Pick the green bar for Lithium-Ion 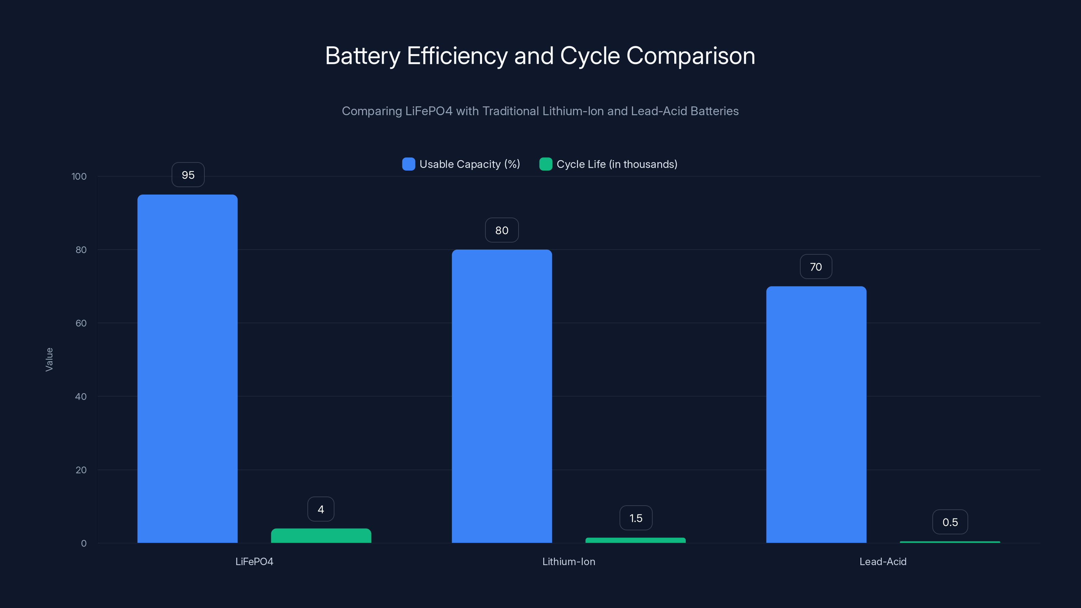pos(635,540)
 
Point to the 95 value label pos(188,175)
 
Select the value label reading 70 pos(815,267)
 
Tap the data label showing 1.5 pos(636,518)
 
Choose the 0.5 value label pos(950,523)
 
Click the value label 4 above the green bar pos(321,509)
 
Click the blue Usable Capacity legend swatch pos(408,164)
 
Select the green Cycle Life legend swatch pos(545,164)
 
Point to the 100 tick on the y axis pos(79,177)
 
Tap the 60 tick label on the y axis pos(81,324)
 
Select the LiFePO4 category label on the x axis pos(254,562)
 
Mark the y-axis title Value pos(49,360)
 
